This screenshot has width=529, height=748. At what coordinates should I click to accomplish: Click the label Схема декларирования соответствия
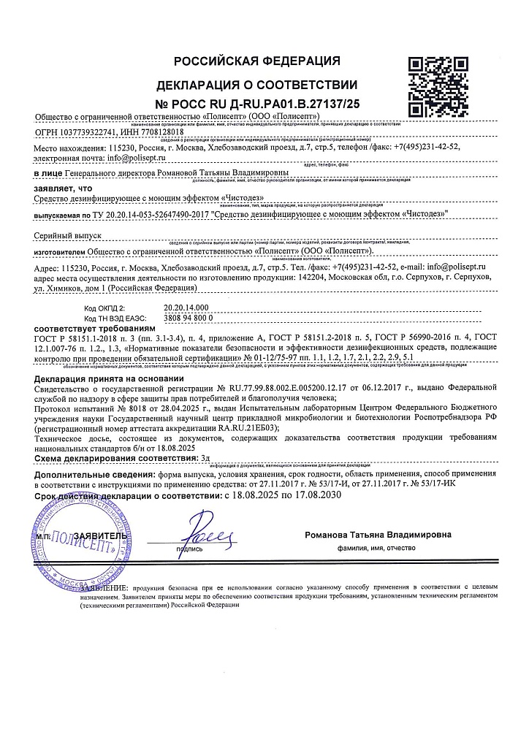(x=121, y=457)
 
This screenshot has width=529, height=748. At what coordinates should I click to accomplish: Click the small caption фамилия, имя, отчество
(x=376, y=548)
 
